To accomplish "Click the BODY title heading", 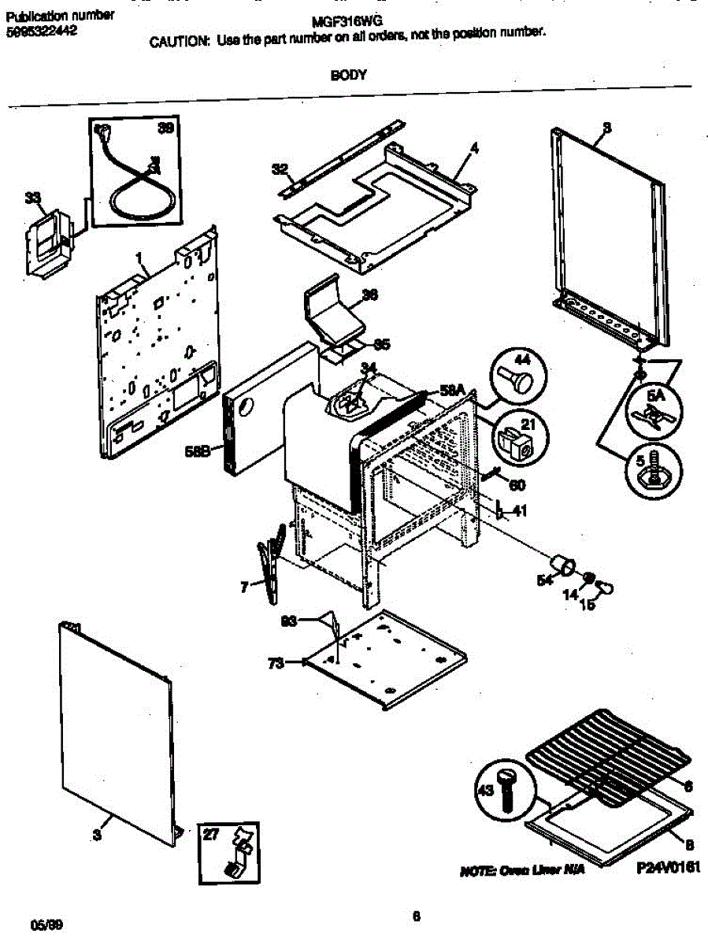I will (x=347, y=75).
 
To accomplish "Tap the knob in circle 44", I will (x=517, y=379).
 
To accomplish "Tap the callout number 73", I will (x=276, y=663).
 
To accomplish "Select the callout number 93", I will (x=290, y=622).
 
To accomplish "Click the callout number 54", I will (x=543, y=580).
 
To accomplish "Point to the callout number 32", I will (x=280, y=169).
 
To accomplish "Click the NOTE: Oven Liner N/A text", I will (x=521, y=871).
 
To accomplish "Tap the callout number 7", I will (x=244, y=586).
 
